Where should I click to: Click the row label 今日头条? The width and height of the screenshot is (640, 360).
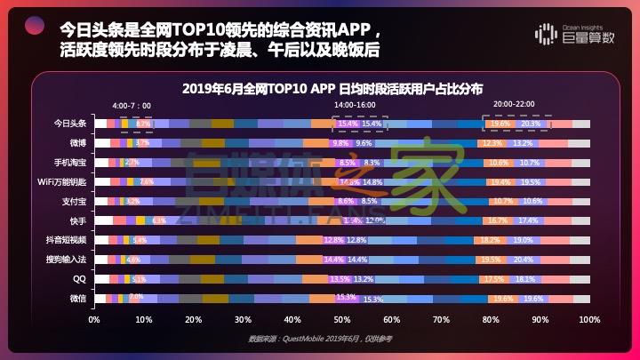[x=70, y=124]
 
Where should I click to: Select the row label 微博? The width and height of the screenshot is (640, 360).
[x=77, y=143]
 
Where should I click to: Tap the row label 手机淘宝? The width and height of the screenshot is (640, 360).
[x=70, y=163]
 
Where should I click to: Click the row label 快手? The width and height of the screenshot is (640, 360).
[x=77, y=220]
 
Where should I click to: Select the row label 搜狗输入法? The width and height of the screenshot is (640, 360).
[x=68, y=260]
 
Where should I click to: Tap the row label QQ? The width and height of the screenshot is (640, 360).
[x=79, y=279]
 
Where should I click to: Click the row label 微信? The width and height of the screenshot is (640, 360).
[x=77, y=299]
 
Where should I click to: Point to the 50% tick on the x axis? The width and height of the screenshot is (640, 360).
[x=342, y=318]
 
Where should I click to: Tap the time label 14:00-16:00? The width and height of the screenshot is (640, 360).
[x=354, y=105]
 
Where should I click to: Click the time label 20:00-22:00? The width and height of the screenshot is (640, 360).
[x=515, y=105]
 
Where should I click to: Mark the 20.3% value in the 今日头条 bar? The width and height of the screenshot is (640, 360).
[x=531, y=124]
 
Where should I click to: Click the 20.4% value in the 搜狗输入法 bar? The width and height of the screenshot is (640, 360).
[x=524, y=260]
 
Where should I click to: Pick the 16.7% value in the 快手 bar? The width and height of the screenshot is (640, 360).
[x=498, y=220]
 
